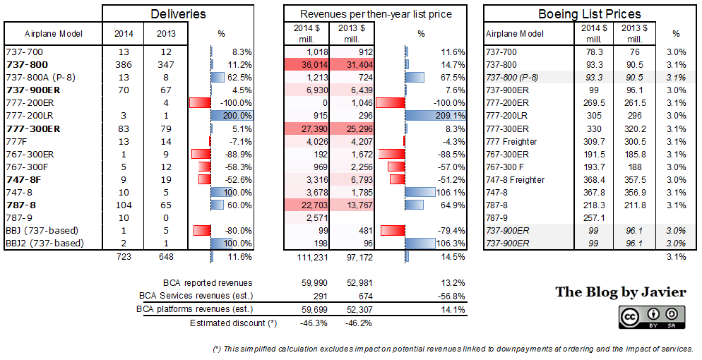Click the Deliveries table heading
click(x=179, y=14)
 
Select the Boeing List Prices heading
click(x=589, y=14)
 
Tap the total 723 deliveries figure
click(x=121, y=257)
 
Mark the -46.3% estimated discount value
click(x=313, y=323)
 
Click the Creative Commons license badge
click(x=651, y=316)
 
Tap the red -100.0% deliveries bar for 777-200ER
click(x=201, y=102)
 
